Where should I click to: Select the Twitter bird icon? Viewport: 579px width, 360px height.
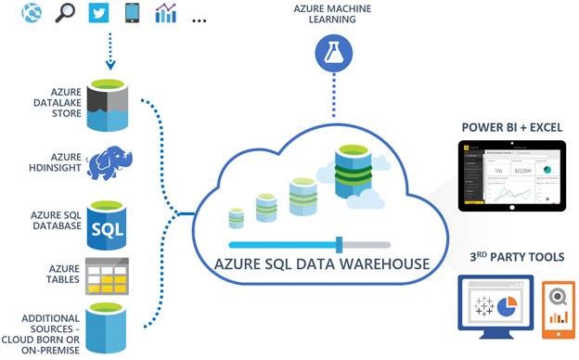click(97, 13)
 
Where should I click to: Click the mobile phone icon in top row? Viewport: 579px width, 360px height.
click(133, 13)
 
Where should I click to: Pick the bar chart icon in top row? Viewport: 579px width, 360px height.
click(167, 13)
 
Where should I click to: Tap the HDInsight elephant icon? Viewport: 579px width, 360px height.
click(112, 165)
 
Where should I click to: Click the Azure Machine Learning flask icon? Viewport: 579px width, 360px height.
click(331, 54)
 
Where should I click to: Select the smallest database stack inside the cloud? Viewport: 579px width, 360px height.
click(236, 217)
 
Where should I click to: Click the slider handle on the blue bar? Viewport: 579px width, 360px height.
click(340, 244)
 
